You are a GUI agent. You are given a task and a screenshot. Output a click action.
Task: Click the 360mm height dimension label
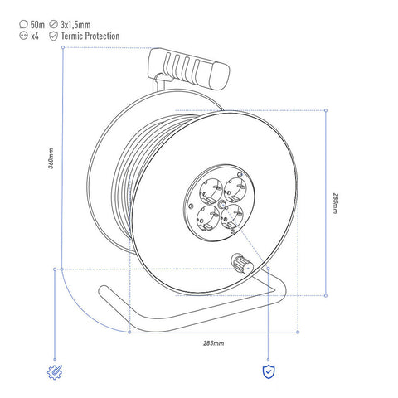(51, 158)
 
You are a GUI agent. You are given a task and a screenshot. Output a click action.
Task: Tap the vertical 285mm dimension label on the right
(335, 203)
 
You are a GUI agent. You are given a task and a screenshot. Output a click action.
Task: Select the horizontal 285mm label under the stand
(213, 343)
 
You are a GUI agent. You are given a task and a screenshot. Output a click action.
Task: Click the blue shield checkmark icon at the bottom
(269, 371)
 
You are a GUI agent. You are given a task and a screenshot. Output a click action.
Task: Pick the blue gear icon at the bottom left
(55, 372)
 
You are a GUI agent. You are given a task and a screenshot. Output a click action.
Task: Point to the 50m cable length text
(37, 25)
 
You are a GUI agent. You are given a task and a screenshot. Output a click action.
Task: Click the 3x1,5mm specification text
(75, 25)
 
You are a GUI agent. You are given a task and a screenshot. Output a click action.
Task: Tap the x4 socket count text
(35, 36)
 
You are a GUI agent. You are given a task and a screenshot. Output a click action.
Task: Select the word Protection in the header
(102, 36)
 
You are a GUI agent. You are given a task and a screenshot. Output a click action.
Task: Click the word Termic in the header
(72, 36)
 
